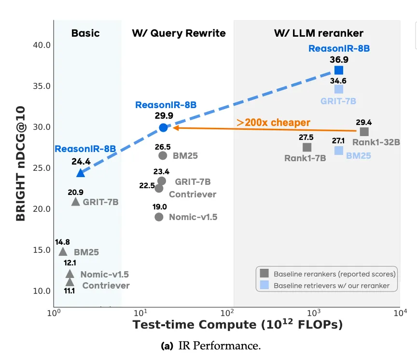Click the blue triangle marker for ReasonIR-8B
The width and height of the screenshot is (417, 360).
[81, 172]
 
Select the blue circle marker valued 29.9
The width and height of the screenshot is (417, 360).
[163, 127]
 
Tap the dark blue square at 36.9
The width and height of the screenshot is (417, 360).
[339, 70]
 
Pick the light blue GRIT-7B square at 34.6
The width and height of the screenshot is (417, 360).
[339, 89]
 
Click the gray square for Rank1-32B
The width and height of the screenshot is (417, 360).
[364, 131]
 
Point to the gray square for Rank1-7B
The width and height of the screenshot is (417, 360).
[306, 147]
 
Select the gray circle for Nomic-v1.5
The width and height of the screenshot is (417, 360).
[159, 217]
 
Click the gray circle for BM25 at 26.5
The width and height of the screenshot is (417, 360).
[163, 155]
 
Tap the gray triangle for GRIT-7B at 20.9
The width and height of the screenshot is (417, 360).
[75, 201]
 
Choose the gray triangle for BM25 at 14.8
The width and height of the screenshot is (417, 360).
[63, 251]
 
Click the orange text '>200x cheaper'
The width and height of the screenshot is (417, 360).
[273, 122]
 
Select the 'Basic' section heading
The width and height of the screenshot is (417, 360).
[85, 33]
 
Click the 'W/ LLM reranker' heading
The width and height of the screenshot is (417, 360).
[319, 33]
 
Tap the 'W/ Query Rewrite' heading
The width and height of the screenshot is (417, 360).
[179, 33]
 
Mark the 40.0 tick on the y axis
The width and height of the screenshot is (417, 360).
[41, 45]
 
